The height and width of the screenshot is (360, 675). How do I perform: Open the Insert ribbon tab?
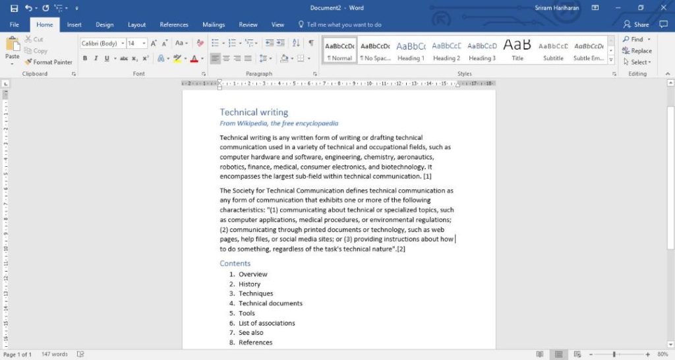(x=74, y=24)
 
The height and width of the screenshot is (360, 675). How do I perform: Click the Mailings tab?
(x=214, y=24)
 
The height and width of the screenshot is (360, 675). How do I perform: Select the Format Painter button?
(x=49, y=62)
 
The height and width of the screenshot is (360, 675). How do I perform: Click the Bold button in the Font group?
(x=85, y=58)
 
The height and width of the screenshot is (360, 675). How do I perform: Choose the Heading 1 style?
(x=411, y=50)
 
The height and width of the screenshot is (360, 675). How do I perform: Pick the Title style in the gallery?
(x=517, y=50)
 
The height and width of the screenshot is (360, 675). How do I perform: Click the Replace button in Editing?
(x=637, y=51)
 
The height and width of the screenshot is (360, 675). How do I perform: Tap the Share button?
(x=636, y=24)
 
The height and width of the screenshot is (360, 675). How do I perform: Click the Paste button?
(x=13, y=49)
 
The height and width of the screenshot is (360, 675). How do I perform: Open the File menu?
(x=15, y=24)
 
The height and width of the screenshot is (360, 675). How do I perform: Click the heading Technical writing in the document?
(x=254, y=112)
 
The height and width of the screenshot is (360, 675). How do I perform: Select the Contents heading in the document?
(x=235, y=263)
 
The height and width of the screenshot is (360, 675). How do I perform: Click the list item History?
(x=249, y=284)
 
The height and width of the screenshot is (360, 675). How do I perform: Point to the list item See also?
(x=250, y=333)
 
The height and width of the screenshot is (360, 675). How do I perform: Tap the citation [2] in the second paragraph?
(x=401, y=249)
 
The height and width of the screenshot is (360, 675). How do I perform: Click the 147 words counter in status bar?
(x=55, y=355)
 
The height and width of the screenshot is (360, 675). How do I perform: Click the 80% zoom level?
(x=662, y=355)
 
